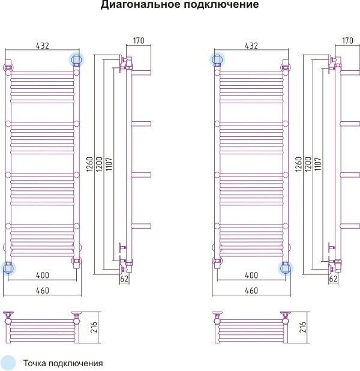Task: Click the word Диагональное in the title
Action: click(136, 5)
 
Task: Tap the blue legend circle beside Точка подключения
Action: click(8, 363)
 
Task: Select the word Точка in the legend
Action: click(35, 363)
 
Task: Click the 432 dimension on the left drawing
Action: click(43, 46)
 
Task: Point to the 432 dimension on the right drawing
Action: click(251, 46)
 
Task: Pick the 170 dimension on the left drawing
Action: click(139, 41)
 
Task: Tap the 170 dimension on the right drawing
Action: click(347, 41)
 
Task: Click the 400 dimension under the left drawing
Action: click(43, 276)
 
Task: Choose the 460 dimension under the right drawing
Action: click(251, 291)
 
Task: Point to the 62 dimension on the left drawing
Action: click(125, 279)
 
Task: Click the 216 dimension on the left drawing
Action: click(94, 328)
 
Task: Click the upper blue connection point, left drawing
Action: click(77, 59)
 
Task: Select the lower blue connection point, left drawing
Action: click(8, 268)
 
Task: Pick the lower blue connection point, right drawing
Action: click(286, 268)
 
